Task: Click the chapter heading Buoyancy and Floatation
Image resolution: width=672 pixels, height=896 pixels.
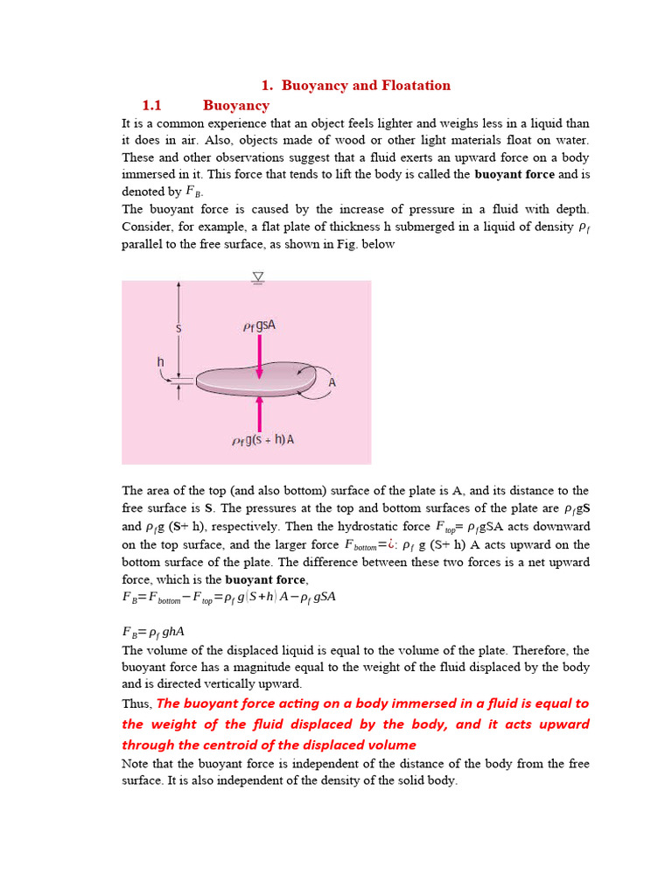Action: point(366,86)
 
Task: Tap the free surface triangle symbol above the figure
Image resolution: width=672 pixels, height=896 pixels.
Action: point(258,277)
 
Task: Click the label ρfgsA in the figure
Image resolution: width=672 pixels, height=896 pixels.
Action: point(260,326)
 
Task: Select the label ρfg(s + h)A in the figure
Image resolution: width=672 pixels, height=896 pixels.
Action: point(262,440)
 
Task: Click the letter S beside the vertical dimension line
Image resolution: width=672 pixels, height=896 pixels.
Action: point(178,329)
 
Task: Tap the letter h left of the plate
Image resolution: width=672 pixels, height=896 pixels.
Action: point(160,361)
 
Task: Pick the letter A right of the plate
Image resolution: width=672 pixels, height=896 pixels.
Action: point(332,382)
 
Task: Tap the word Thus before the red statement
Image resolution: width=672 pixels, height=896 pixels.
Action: point(136,704)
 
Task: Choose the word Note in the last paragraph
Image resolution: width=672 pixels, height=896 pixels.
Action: point(136,764)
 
